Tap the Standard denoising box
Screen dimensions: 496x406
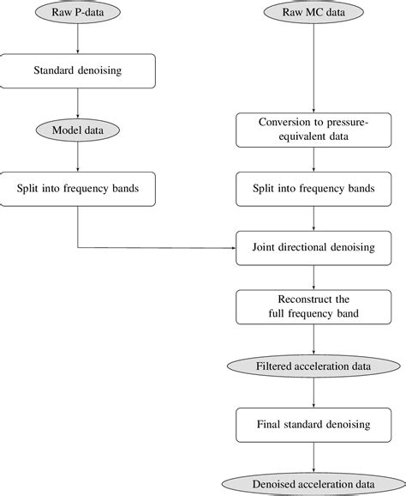click(78, 70)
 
